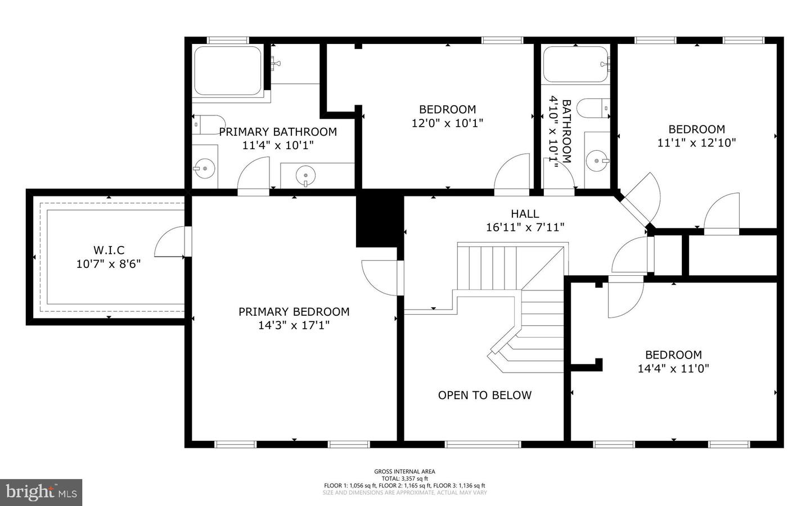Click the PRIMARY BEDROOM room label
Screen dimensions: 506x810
click(x=294, y=312)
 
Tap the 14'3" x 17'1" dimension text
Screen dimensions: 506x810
click(x=294, y=325)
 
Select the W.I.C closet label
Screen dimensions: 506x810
click(x=109, y=250)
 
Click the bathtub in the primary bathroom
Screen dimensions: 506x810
click(x=227, y=71)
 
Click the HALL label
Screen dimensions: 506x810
click(x=525, y=214)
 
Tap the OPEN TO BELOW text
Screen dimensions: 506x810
click(x=484, y=395)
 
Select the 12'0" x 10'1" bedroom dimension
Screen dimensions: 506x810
click(x=447, y=123)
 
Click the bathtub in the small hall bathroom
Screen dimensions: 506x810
click(x=575, y=64)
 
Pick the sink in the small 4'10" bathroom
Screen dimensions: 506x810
click(x=596, y=161)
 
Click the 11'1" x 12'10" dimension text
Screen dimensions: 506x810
click(x=696, y=143)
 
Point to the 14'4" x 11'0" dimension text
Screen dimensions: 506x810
click(x=673, y=369)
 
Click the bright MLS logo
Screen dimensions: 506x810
click(x=41, y=492)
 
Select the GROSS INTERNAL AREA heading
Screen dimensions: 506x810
click(x=404, y=472)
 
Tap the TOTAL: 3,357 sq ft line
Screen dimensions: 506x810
click(x=404, y=478)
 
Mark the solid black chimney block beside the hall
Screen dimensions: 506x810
click(x=380, y=221)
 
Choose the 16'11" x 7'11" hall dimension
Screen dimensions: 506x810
click(x=525, y=227)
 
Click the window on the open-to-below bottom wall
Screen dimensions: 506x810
click(x=483, y=444)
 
